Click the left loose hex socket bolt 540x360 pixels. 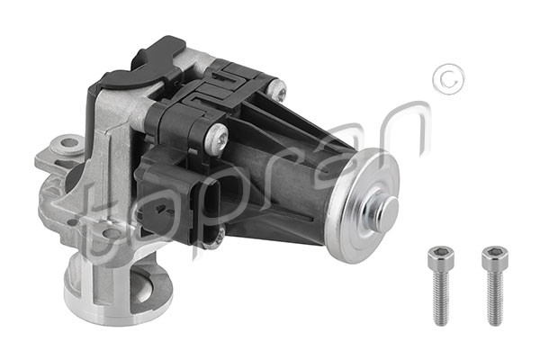[441, 286]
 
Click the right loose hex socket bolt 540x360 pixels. [495, 286]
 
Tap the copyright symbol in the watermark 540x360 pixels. [448, 79]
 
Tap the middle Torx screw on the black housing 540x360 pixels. [217, 138]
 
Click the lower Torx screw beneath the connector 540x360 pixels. [218, 237]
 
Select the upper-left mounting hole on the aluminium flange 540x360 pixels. [69, 142]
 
